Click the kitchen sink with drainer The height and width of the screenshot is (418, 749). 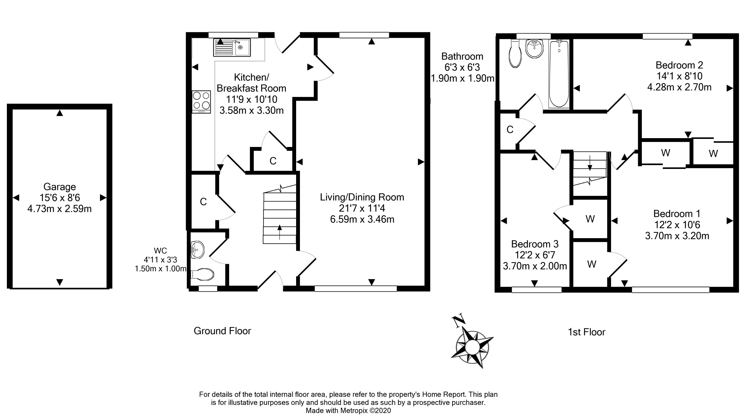pos(232,48)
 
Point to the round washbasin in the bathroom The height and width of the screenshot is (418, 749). pos(534,48)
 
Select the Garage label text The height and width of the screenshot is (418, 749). pos(60,187)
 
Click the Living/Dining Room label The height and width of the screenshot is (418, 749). pos(362,197)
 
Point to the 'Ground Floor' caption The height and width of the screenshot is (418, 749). pos(222,331)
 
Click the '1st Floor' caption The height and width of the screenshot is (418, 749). pos(586,332)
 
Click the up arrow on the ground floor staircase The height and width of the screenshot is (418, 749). pos(279,232)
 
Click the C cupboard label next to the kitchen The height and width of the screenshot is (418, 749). pos(272,161)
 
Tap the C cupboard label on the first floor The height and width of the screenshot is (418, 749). pos(510,130)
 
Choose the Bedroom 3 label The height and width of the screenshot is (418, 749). pos(534,244)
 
